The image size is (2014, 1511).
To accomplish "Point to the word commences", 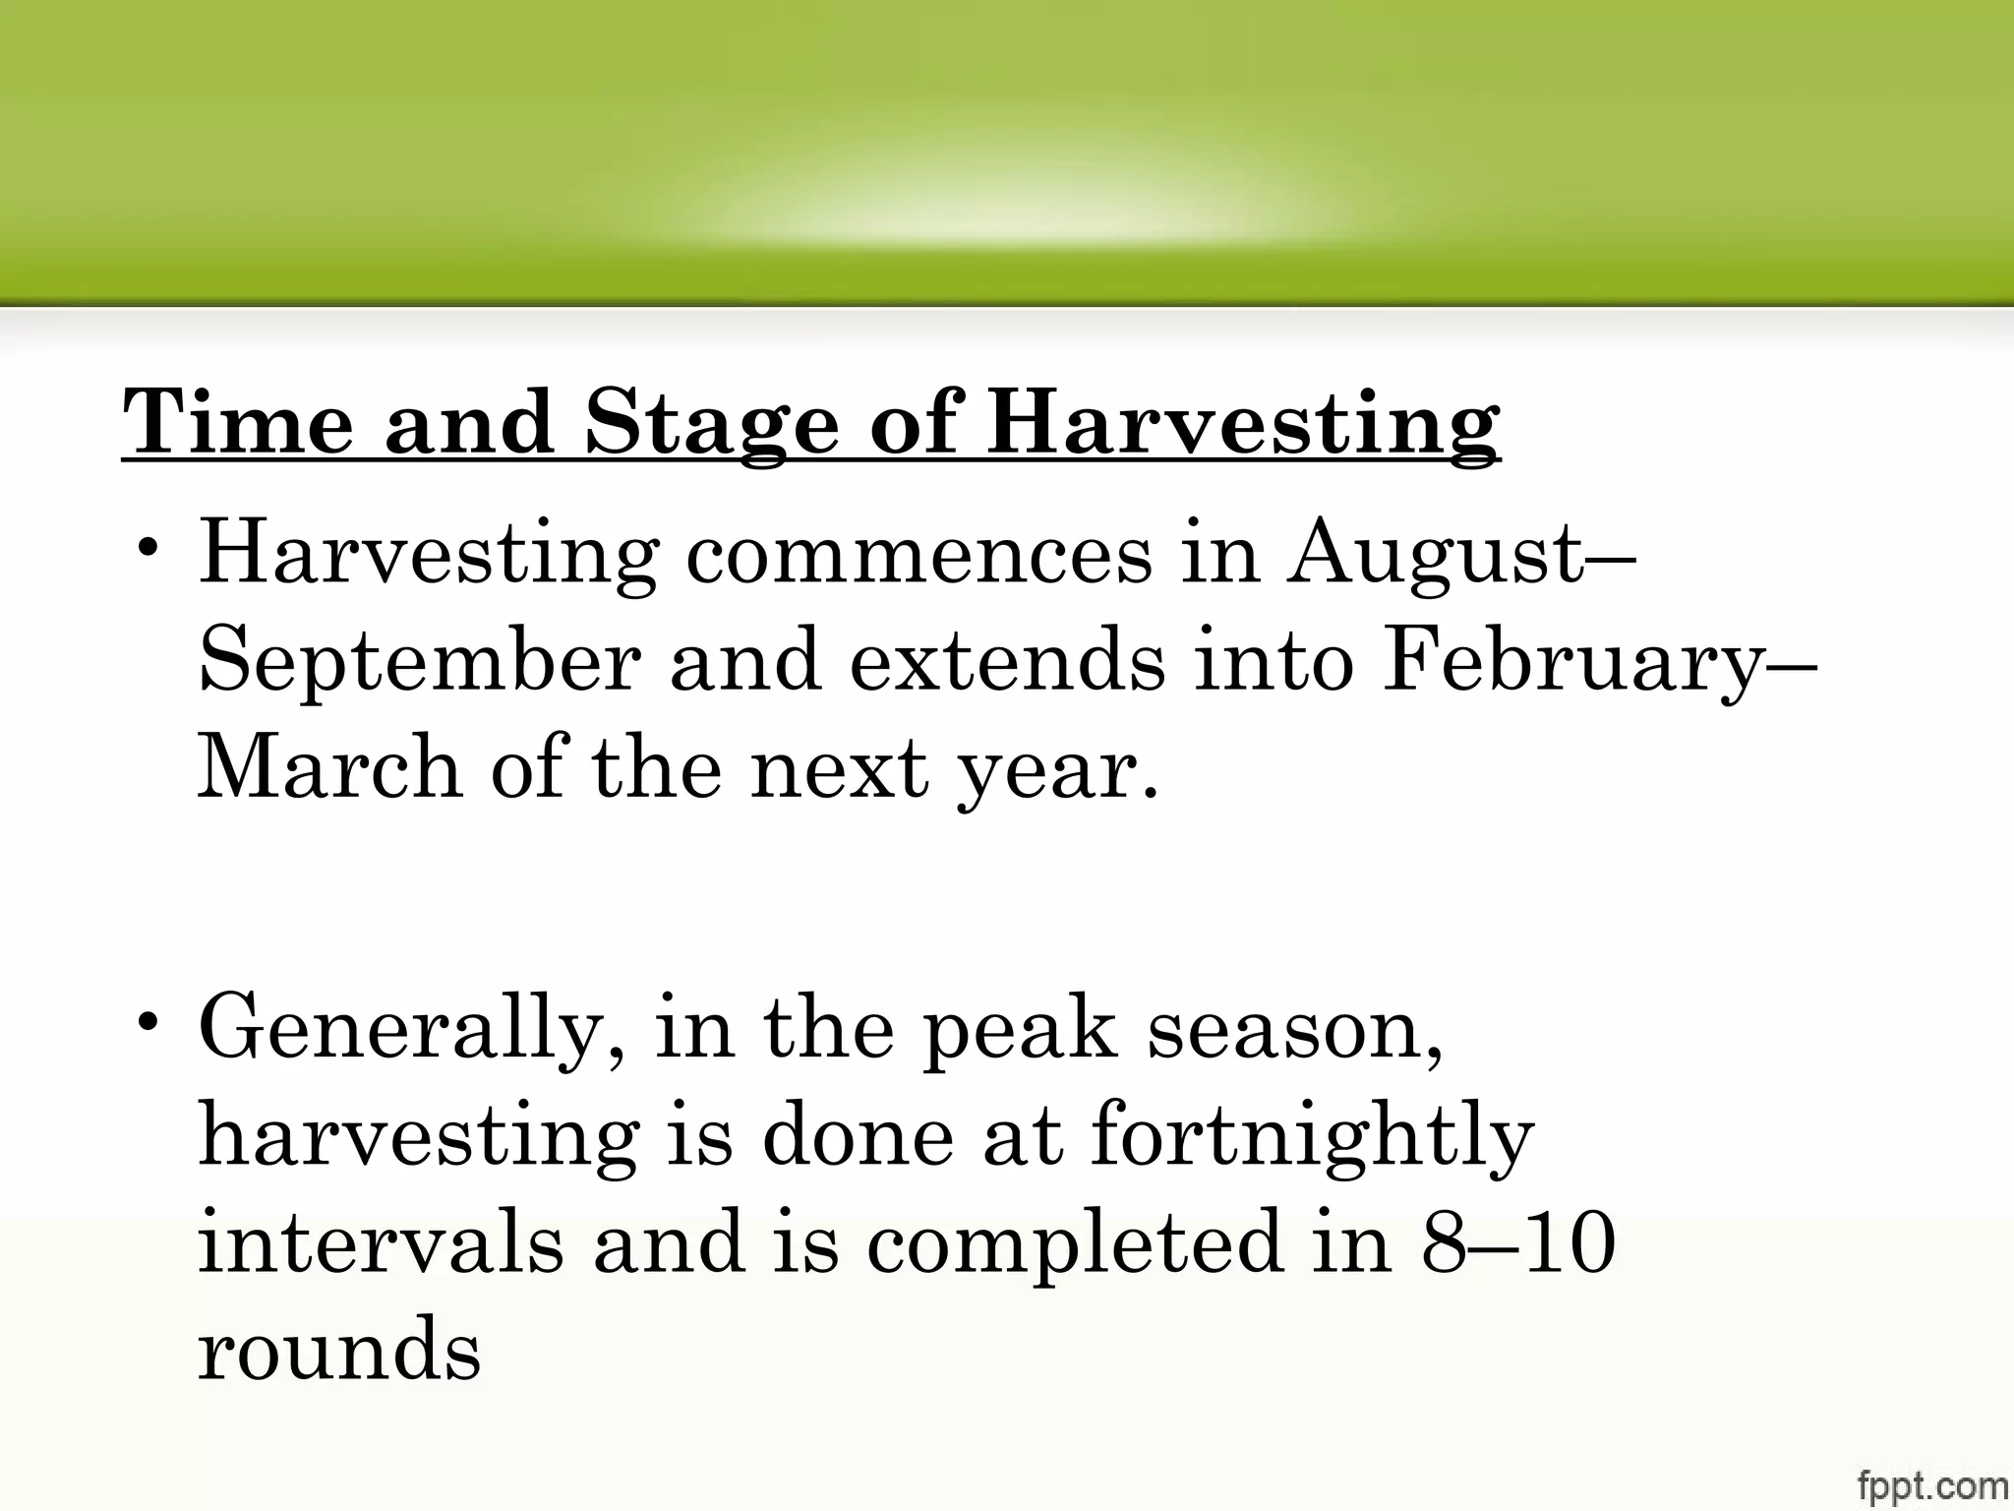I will (x=918, y=555).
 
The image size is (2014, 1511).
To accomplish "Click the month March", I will (x=330, y=766).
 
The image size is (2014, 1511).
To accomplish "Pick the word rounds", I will (x=339, y=1350).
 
